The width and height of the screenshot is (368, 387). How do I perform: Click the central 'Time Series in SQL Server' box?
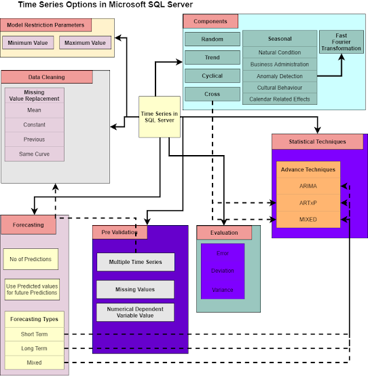pyautogui.click(x=160, y=116)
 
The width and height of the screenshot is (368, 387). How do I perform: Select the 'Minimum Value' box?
pyautogui.click(x=28, y=43)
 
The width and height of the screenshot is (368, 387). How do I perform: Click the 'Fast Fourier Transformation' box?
pyautogui.click(x=342, y=42)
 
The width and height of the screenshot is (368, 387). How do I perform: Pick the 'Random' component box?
pyautogui.click(x=213, y=39)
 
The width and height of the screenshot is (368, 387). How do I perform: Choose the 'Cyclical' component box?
pyautogui.click(x=213, y=75)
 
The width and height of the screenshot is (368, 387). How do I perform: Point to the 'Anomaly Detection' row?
pyautogui.click(x=280, y=76)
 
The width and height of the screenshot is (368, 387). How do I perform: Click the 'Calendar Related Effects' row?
pyautogui.click(x=280, y=99)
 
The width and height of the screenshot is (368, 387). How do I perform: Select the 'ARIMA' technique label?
pyautogui.click(x=308, y=186)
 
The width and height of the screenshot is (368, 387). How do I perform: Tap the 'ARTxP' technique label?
pyautogui.click(x=308, y=203)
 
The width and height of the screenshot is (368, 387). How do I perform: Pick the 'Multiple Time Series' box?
pyautogui.click(x=135, y=262)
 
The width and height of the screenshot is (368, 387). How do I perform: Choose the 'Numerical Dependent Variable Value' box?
pyautogui.click(x=135, y=312)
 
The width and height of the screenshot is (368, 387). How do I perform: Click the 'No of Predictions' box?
pyautogui.click(x=31, y=259)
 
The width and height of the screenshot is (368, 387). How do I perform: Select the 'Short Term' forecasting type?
pyautogui.click(x=34, y=334)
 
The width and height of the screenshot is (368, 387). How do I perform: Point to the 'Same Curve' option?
pyautogui.click(x=34, y=154)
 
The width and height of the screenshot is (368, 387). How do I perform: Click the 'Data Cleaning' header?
pyautogui.click(x=47, y=78)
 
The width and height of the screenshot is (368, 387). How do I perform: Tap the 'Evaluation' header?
pyautogui.click(x=224, y=233)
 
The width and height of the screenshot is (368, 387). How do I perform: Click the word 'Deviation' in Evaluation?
pyautogui.click(x=222, y=271)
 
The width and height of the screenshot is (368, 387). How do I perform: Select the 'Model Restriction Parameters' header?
pyautogui.click(x=45, y=25)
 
